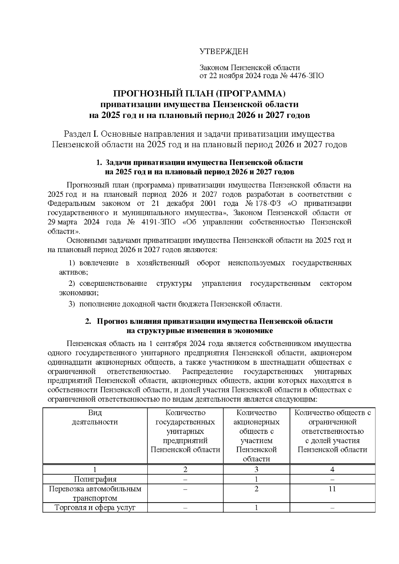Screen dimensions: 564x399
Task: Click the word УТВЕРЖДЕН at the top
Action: click(223, 52)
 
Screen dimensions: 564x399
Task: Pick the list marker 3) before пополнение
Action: click(72, 304)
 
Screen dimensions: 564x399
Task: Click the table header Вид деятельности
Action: click(95, 417)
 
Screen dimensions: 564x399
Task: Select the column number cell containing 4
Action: click(332, 469)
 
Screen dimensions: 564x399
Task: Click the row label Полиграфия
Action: click(95, 479)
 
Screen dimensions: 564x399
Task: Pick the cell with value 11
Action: click(332, 489)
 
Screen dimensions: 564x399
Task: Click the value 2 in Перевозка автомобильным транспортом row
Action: click(256, 489)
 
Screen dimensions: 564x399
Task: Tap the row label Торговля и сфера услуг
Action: click(95, 508)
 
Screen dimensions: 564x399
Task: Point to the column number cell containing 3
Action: click(256, 469)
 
